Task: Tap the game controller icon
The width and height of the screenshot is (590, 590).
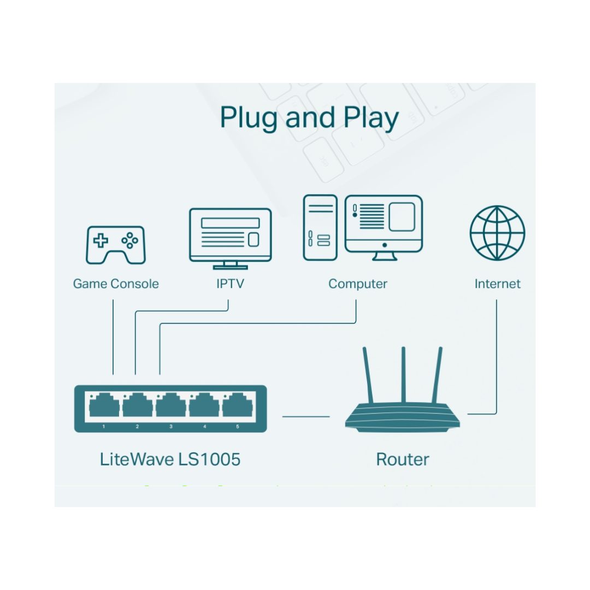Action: pos(115,245)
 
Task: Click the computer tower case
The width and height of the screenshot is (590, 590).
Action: pos(320,227)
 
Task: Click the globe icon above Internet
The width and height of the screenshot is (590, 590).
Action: pos(497,233)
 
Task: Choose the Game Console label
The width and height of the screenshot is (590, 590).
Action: pos(116,284)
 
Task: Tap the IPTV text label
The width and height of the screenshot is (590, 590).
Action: pos(230,284)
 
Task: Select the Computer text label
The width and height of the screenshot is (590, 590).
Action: pos(358,284)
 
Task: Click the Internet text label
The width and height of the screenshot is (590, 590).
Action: pos(497,284)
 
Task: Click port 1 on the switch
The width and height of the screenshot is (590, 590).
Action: pos(103,406)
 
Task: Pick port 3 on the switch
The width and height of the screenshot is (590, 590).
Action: pos(170,406)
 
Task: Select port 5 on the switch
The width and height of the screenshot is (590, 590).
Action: pos(238,406)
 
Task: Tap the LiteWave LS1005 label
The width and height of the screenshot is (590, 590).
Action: pos(170,459)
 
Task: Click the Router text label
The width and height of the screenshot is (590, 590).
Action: pos(403,459)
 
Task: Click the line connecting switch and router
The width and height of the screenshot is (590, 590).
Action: pos(306,416)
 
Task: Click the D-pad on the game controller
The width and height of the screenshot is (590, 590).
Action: pos(101,240)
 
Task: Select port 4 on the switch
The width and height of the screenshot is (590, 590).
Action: pos(204,406)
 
